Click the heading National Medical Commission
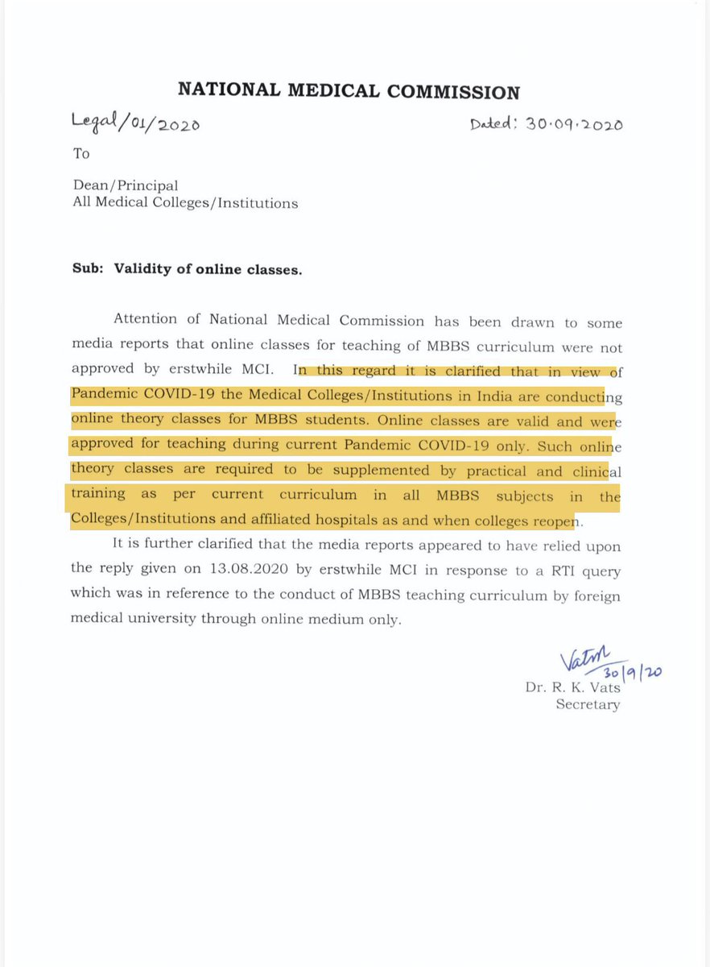349,91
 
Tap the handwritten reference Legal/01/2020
135,122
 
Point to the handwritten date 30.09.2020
547,124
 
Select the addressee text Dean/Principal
125,185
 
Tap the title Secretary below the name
588,705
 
